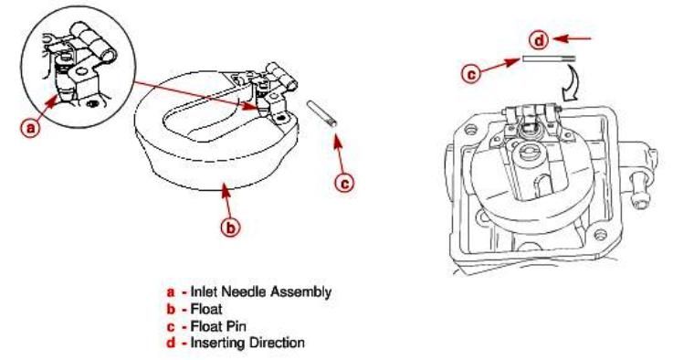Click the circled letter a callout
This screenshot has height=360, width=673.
pos(30,128)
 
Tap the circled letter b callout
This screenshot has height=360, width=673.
pos(230,228)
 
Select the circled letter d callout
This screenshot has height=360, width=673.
pos(539,41)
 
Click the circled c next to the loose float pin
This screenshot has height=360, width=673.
pos(344,184)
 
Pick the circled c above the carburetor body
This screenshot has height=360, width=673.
pos(471,74)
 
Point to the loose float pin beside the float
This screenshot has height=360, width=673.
pos(322,113)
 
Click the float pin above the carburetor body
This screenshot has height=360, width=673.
pos(549,58)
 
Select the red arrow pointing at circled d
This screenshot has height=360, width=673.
pos(573,38)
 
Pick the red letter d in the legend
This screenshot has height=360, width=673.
pos(172,344)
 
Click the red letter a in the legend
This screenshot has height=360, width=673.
pos(171,292)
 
